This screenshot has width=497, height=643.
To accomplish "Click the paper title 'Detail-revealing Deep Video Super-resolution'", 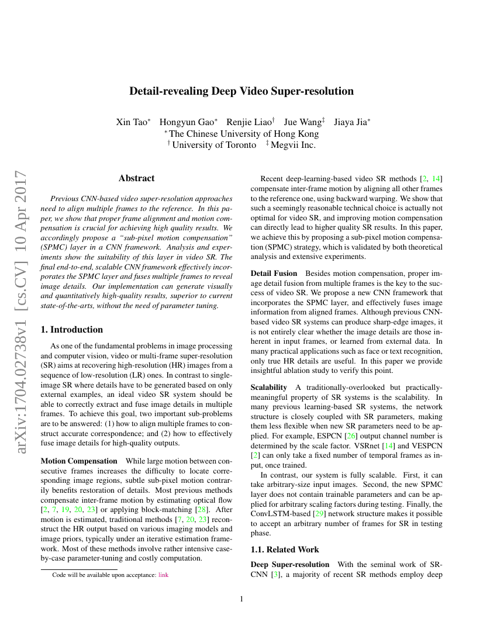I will coord(241,91).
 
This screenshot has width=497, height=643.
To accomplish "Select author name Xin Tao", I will coord(133,122).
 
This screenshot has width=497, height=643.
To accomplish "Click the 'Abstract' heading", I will coord(136,178).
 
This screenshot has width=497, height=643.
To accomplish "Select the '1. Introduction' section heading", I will coord(72,329).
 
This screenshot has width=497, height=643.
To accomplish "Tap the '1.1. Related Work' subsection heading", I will coord(285,549).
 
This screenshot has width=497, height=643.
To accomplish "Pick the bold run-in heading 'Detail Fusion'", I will coord(274,274).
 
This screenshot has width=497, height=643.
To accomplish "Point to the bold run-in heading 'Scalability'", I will coord(268,388).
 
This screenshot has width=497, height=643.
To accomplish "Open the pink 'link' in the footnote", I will coord(163,575).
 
